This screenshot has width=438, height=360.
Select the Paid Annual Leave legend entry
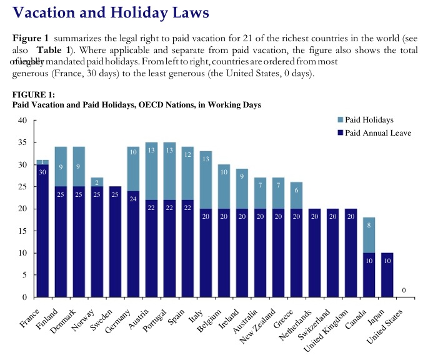(373, 132)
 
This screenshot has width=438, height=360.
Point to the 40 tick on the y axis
(22, 121)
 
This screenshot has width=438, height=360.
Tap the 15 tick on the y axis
(22, 231)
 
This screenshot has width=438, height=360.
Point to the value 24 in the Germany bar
(133, 199)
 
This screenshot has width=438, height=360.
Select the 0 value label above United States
(404, 291)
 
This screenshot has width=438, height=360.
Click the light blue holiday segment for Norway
(97, 181)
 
